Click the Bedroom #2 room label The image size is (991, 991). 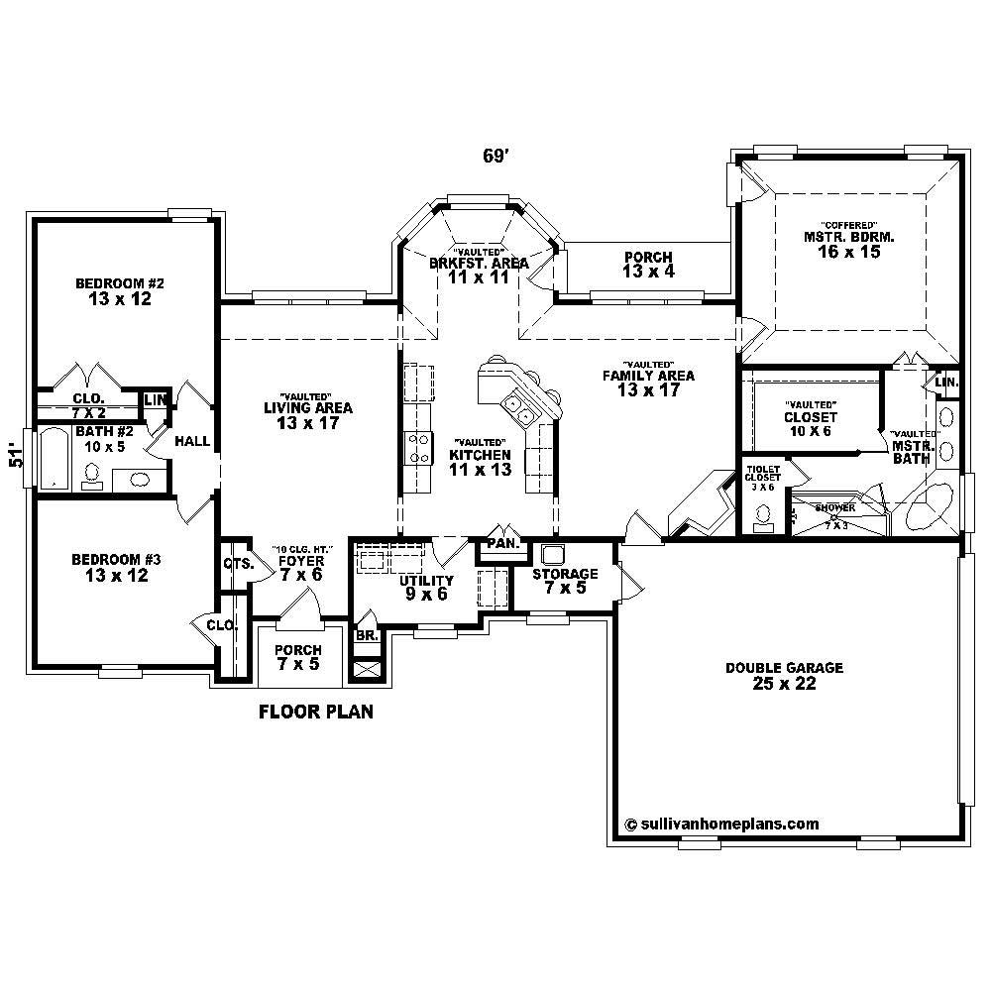click(x=119, y=291)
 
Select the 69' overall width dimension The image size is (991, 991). click(x=495, y=155)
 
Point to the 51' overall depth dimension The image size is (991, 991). click(x=14, y=458)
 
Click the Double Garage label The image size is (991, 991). click(x=784, y=676)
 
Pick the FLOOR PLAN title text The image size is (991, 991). click(x=315, y=712)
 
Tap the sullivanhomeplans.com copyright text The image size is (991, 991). click(x=721, y=823)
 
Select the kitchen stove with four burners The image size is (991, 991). click(x=417, y=448)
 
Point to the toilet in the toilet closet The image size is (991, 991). click(x=762, y=515)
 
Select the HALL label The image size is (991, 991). click(x=191, y=441)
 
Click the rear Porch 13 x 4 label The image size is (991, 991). click(x=649, y=264)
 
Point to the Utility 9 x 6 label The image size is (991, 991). click(x=426, y=588)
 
